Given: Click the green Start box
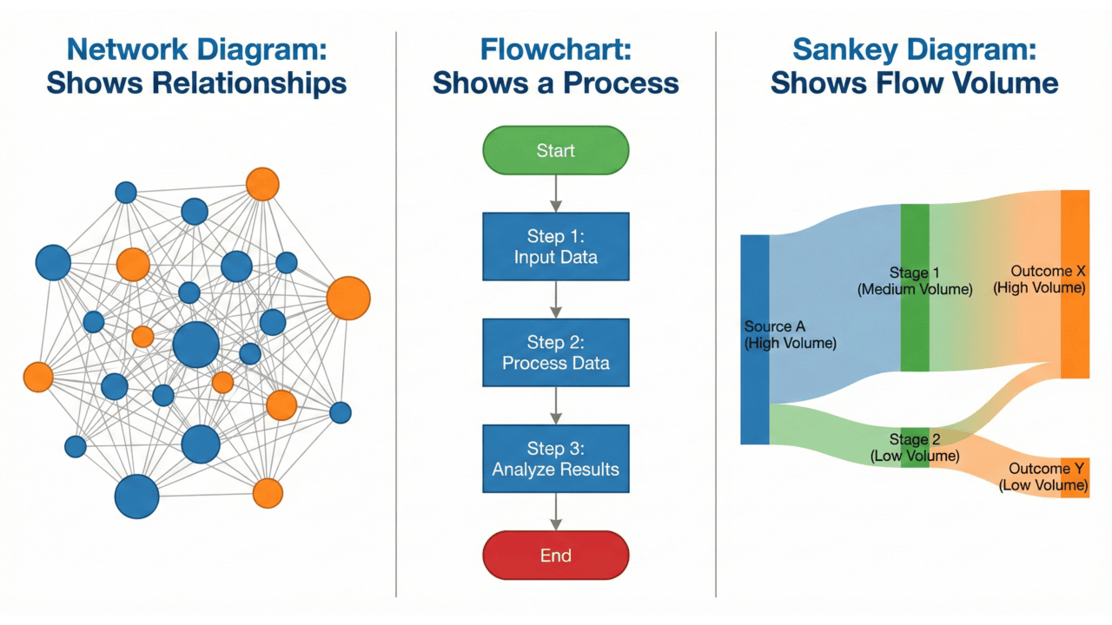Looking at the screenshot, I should click(x=555, y=151).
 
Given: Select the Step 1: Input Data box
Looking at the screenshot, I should click(x=555, y=247).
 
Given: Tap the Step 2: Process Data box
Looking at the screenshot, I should click(x=555, y=352).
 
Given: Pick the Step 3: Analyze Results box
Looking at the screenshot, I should click(x=555, y=459).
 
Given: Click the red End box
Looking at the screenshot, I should click(x=555, y=556).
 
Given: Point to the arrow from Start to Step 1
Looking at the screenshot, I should click(x=556, y=193).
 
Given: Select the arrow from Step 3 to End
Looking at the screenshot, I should click(x=556, y=512).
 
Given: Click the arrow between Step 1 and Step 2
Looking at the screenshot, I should click(x=556, y=299).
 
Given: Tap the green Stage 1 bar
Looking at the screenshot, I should click(x=915, y=330).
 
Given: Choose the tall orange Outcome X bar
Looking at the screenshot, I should click(x=1075, y=339).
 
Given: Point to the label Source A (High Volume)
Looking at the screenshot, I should click(x=790, y=335).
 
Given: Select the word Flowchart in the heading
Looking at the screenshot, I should click(x=555, y=49).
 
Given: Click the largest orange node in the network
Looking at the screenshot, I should click(x=348, y=298).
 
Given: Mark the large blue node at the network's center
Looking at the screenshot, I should click(x=195, y=345).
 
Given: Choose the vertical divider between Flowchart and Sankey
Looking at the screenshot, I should click(x=716, y=312).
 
